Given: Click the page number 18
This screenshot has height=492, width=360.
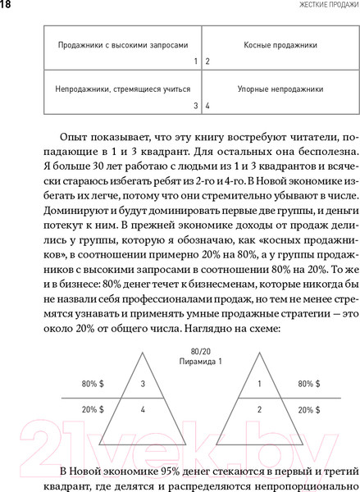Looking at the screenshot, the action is point(7,7).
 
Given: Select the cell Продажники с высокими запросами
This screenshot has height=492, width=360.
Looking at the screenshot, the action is point(116,46).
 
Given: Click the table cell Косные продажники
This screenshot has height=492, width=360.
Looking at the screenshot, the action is point(269,46).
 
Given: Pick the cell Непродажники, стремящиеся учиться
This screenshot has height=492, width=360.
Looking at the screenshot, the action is point(117,88).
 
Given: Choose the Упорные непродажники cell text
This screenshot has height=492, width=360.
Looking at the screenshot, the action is point(269,88).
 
